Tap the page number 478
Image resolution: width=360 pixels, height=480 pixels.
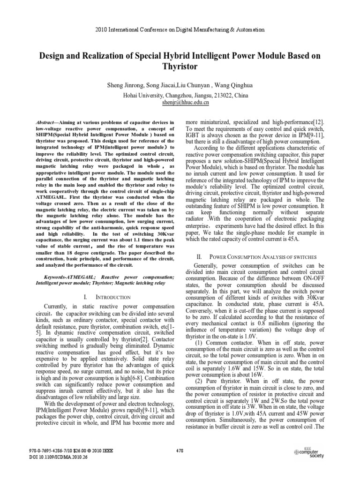pos(180,451)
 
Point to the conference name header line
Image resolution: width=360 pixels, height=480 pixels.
pos(180,30)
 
